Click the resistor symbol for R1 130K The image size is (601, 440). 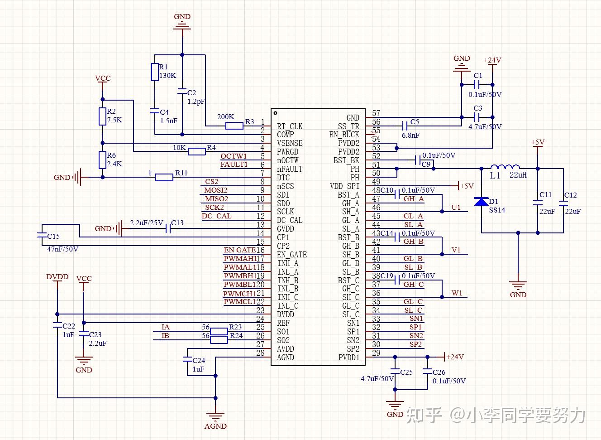(155, 72)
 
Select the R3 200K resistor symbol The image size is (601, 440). (234, 126)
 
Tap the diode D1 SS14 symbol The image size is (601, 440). (481, 201)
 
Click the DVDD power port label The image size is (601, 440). (57, 277)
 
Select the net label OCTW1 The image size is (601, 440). (234, 156)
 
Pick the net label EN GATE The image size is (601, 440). (239, 250)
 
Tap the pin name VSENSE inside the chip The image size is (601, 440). (290, 143)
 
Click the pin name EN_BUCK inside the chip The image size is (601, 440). (344, 135)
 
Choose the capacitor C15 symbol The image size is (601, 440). (41, 235)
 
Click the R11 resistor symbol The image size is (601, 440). (164, 177)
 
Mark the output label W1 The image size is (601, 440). (457, 293)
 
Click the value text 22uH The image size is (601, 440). (518, 175)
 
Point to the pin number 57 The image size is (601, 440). (376, 113)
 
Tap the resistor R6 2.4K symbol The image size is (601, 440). (103, 160)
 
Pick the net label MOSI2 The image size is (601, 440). (216, 190)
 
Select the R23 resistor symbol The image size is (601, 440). (219, 331)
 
